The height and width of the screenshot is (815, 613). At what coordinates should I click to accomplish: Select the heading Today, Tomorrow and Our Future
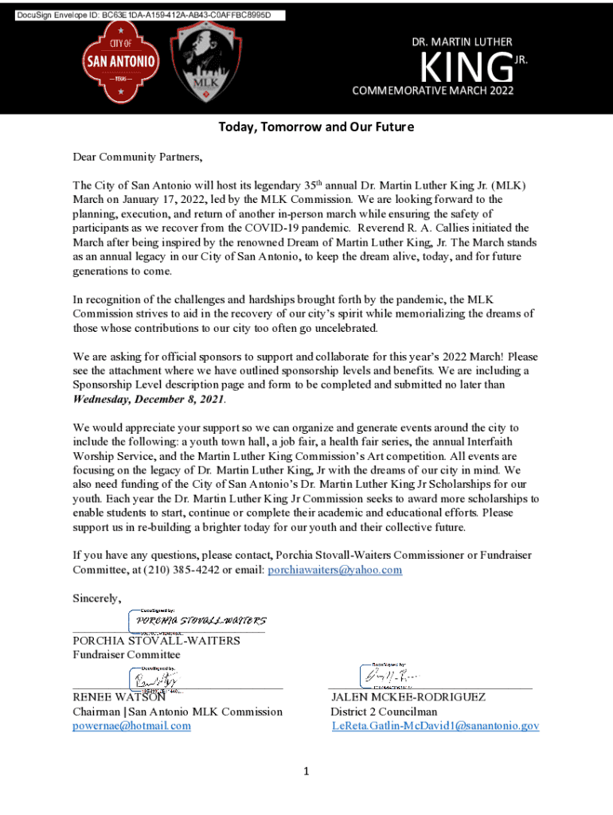tap(317, 127)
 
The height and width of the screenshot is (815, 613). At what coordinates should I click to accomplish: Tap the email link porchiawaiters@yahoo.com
tap(334, 570)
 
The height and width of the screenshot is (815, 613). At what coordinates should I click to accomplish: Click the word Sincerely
tap(97, 599)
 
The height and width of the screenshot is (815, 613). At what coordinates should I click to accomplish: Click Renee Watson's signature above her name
tap(156, 679)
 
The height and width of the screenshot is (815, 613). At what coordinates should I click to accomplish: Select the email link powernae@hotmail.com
tap(131, 726)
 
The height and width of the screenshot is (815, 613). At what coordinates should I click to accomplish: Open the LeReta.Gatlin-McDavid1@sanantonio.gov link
tap(435, 726)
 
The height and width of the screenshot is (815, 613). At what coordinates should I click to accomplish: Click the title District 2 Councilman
tap(384, 712)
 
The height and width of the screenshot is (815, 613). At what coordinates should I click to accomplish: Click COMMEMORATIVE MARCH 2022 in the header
tap(433, 90)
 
